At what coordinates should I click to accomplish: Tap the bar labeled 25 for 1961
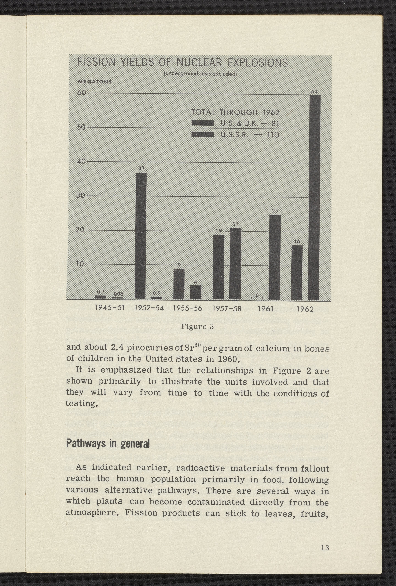275,257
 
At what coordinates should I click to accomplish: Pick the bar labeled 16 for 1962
297,273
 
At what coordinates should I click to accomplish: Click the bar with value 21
235,263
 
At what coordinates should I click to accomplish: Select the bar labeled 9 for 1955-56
179,284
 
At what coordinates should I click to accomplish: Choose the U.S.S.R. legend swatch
203,135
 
